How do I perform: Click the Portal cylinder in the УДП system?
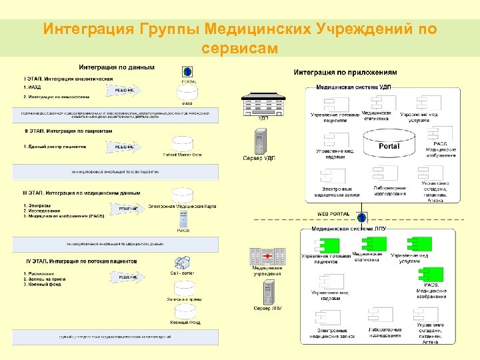click(389, 146)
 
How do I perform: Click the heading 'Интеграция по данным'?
click(117, 67)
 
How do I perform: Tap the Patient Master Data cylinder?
click(182, 144)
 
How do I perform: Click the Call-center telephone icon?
click(181, 261)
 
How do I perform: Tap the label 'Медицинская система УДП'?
click(353, 87)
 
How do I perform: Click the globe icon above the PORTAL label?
click(188, 71)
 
